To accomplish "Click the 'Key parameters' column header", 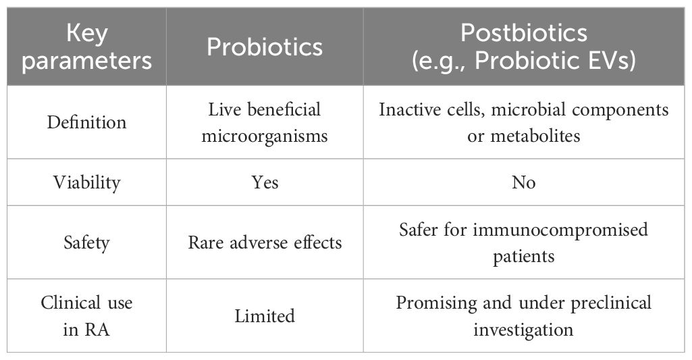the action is click(x=86, y=47).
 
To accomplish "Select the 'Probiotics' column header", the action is click(x=265, y=47).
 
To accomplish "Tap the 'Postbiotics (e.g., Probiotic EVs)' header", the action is click(x=524, y=47).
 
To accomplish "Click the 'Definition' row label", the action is click(x=86, y=122).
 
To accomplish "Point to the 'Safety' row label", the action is click(x=86, y=242).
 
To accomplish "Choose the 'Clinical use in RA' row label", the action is click(x=86, y=316).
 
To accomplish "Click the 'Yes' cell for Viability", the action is click(x=265, y=182).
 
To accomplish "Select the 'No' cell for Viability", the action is click(x=524, y=182).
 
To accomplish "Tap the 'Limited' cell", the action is click(x=265, y=316).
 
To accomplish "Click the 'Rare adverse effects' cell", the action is click(x=265, y=242).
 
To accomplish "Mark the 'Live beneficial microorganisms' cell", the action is click(x=265, y=122).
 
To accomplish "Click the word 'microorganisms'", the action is click(x=265, y=136).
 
